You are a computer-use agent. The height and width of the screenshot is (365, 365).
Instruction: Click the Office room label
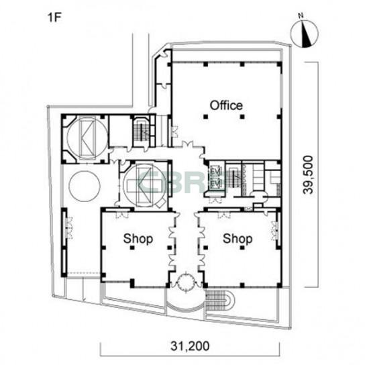226,105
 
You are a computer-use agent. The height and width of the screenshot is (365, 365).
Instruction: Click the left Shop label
138,239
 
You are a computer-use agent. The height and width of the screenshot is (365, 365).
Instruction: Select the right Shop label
238,239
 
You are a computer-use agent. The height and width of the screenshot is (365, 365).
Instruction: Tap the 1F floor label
54,17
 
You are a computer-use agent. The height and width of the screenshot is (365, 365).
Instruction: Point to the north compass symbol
305,34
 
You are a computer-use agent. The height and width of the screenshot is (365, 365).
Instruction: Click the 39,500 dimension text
308,174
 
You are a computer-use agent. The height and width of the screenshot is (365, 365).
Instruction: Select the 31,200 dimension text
190,346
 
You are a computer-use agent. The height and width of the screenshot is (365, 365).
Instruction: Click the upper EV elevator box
215,172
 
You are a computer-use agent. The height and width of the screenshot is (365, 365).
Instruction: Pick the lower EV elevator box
215,184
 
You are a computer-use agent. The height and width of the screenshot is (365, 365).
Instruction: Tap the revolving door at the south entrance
186,282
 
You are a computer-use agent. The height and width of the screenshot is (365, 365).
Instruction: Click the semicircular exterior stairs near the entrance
220,301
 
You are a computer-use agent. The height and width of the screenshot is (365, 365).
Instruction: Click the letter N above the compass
301,16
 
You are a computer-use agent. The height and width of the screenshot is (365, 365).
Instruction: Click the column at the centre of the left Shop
132,248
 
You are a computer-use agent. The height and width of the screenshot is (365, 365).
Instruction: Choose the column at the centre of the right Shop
242,248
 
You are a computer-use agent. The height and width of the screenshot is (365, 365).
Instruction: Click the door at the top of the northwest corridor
165,54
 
